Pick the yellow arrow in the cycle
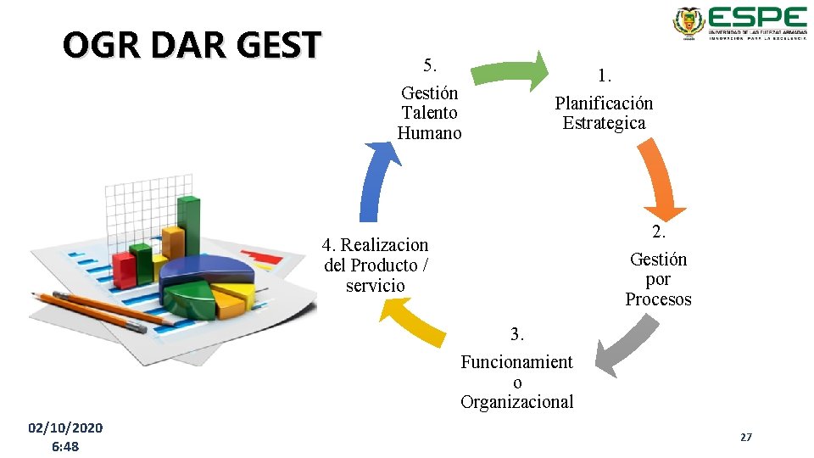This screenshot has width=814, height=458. click(415, 323)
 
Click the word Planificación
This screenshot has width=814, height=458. click(604, 103)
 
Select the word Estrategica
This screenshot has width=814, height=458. click(604, 123)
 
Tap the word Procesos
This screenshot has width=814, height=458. click(658, 299)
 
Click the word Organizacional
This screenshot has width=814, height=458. click(517, 402)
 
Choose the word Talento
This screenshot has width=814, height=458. click(429, 113)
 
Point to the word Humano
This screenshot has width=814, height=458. click(429, 133)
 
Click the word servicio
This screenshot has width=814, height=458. click(376, 286)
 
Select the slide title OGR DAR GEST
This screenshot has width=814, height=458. click(192, 45)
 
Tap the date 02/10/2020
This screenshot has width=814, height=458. click(65, 427)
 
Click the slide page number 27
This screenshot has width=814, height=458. click(746, 437)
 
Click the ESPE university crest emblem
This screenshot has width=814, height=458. click(689, 24)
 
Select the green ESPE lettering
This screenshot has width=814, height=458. click(757, 18)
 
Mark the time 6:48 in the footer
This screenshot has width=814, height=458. click(65, 446)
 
